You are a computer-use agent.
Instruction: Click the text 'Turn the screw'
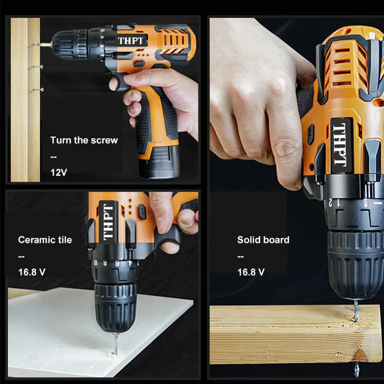(84, 140)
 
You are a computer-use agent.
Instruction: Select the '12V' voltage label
(59, 172)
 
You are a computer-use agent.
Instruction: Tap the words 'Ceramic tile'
(45, 240)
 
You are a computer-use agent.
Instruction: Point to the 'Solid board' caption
(263, 240)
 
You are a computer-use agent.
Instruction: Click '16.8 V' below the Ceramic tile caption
(32, 272)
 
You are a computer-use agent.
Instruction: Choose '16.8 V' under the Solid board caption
(251, 272)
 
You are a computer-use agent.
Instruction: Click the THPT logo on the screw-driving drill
(130, 41)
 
